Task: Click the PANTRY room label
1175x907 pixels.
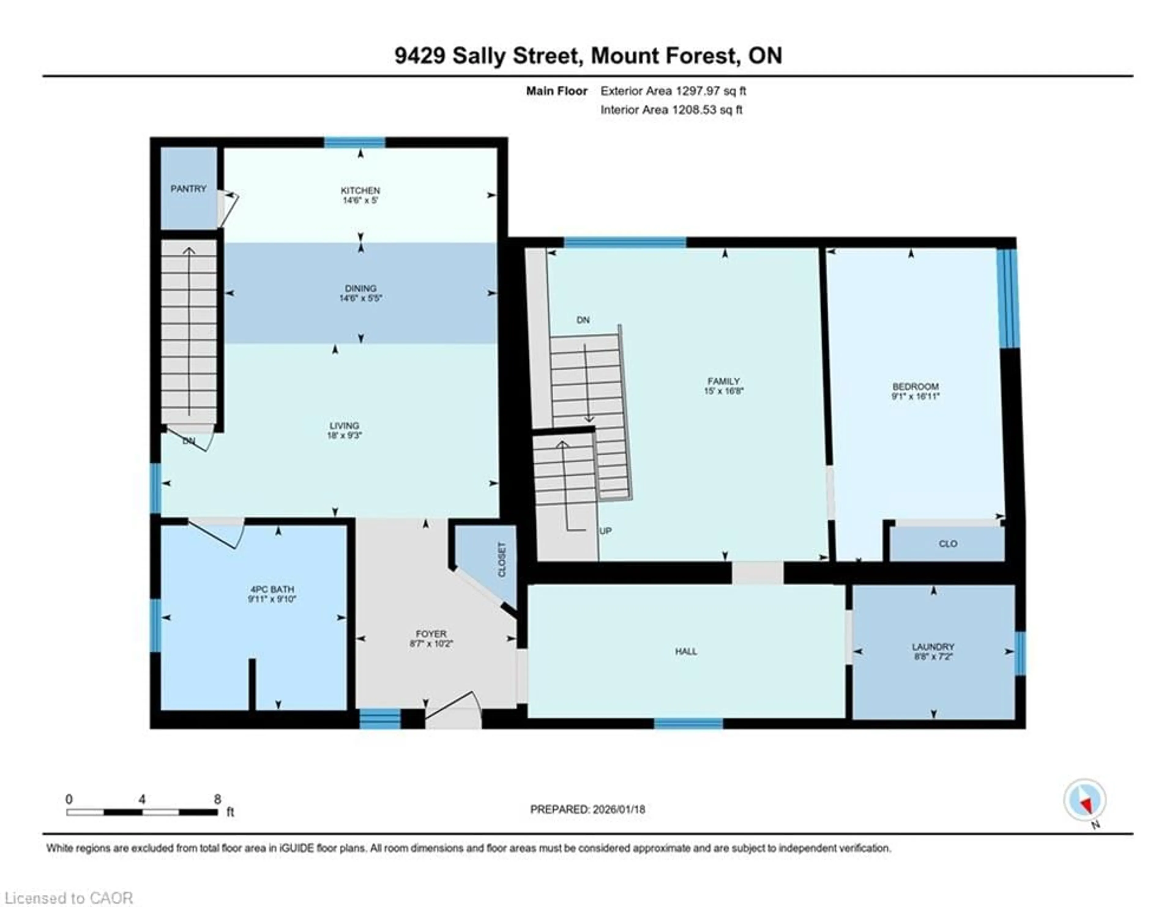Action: point(188,189)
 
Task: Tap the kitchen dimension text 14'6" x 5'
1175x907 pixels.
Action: point(360,200)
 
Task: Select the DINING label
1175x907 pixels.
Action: point(360,288)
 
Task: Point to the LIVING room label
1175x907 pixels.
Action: point(344,426)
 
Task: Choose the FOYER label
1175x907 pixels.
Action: point(431,634)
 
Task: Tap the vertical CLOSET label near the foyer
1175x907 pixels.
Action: point(502,560)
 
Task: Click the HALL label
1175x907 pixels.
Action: point(686,651)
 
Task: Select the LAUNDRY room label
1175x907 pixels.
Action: point(933,647)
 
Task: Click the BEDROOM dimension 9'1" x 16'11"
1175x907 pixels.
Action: point(915,397)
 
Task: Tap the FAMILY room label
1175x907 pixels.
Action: point(724,381)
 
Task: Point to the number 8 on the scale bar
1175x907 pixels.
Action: point(217,799)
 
